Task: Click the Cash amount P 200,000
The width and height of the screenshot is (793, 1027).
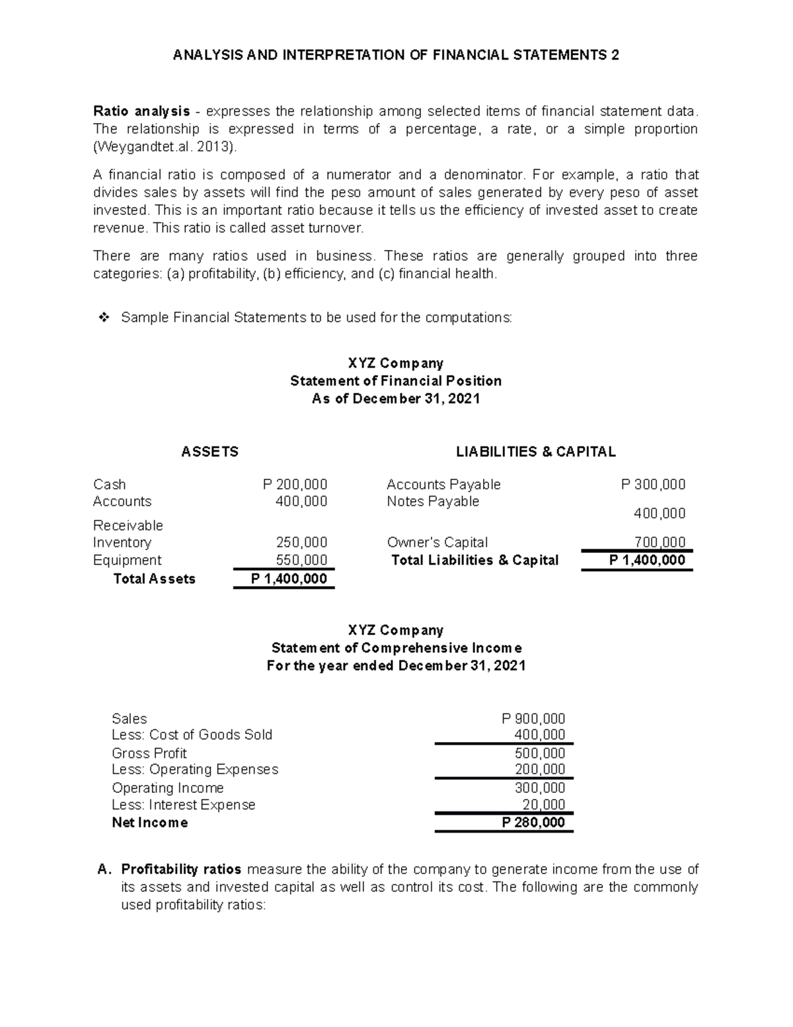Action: [x=295, y=484]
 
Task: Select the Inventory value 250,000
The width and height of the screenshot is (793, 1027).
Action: [x=301, y=542]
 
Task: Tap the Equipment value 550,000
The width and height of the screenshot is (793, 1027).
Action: [x=301, y=560]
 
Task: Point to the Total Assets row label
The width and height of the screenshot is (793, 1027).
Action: [x=155, y=579]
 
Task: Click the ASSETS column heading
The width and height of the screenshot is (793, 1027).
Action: [x=209, y=452]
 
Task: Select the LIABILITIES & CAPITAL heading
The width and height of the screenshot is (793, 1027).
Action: [x=535, y=452]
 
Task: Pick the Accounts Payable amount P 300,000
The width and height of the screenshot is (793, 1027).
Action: [x=653, y=484]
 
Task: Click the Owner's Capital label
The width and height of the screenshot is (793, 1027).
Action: [x=437, y=542]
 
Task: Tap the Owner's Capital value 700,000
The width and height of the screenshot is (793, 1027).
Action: [x=660, y=542]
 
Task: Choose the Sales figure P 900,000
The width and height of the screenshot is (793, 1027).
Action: [x=533, y=718]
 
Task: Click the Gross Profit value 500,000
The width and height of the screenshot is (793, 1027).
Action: [x=540, y=753]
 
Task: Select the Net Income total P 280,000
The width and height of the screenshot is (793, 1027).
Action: [x=533, y=822]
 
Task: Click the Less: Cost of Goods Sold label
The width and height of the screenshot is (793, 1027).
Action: [x=192, y=735]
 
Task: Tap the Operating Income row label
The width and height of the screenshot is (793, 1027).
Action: [x=168, y=788]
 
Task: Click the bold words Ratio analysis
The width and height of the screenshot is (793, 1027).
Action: [x=141, y=110]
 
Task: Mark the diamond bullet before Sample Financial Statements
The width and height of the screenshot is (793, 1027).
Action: [x=102, y=318]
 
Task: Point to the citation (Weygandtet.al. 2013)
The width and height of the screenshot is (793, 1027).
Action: [x=165, y=147]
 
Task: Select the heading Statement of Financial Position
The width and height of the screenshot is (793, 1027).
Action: [x=396, y=381]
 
